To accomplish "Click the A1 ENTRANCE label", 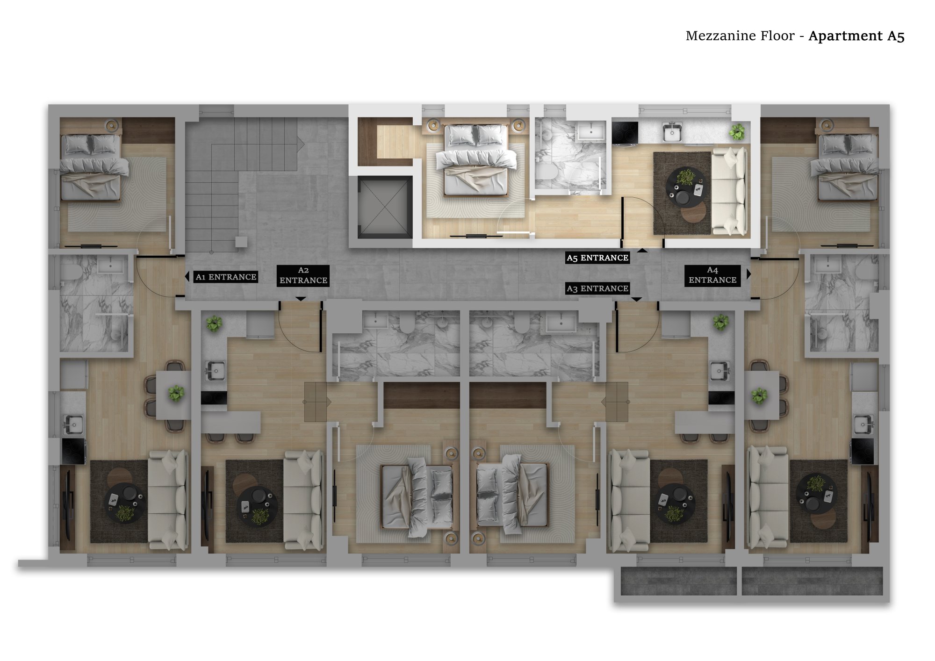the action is coord(226,277).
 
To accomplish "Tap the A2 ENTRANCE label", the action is coord(303,275).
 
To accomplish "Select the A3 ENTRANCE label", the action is coord(597,288).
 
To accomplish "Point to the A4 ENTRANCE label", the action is coord(712,275).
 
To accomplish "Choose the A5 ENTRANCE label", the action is coord(597,258).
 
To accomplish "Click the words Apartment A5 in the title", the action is coord(856,36).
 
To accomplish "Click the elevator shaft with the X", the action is coord(385,207).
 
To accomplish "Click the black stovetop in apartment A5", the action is coord(625,132).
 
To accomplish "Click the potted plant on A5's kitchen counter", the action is coord(737,131).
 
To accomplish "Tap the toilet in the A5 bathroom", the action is coord(546,171).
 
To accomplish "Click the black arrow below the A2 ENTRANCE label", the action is coord(301,298).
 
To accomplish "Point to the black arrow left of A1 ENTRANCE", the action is coord(187,276).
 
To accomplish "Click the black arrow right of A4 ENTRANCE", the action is coord(749,274).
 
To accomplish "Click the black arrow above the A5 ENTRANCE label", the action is coord(642,251).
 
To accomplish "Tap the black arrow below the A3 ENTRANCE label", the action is coord(637,299).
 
